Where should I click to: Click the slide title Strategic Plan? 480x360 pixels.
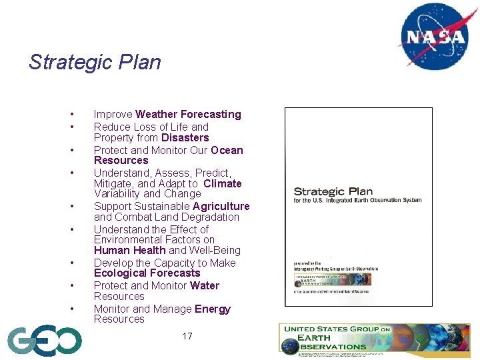95,63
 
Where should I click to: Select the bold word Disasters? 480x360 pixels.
185,138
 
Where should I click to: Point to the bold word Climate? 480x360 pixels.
222,184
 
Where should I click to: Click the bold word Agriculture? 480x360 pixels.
221,207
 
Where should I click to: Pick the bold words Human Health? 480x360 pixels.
130,251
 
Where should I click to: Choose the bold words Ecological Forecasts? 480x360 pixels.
147,273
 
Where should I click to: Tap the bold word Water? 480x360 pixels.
204,286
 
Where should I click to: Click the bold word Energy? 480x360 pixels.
212,309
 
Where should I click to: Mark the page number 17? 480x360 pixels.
187,336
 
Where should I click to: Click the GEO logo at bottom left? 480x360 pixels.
44,341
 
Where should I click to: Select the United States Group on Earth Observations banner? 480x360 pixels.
374,339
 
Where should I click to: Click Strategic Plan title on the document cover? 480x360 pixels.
333,192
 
